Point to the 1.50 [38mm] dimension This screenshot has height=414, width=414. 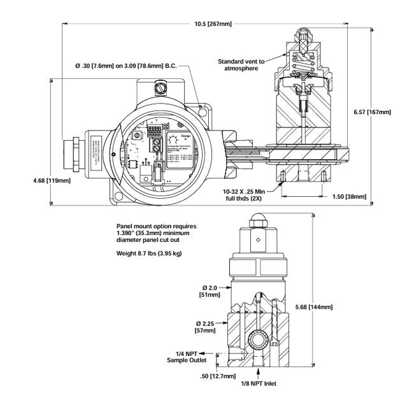tap(350, 197)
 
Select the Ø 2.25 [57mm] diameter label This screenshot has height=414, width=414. tap(206, 327)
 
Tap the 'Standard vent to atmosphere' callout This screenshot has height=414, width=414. tap(240, 65)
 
